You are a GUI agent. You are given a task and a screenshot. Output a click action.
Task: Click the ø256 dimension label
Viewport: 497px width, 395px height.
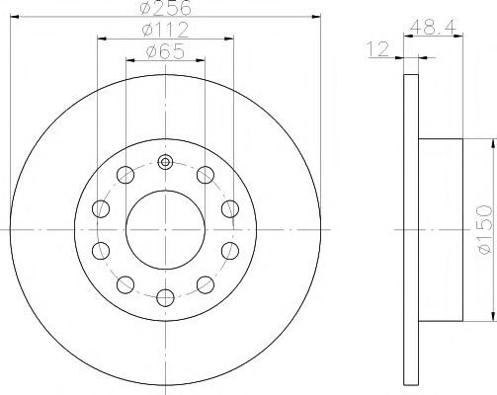(165, 8)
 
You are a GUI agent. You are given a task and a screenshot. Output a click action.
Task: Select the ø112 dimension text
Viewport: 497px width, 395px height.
(165, 30)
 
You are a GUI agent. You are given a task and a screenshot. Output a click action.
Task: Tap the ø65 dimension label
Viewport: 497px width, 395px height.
(165, 51)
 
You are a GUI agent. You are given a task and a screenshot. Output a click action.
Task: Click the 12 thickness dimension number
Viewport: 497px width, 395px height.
(378, 49)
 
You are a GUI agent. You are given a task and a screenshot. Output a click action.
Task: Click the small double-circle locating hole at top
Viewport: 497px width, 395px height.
(165, 162)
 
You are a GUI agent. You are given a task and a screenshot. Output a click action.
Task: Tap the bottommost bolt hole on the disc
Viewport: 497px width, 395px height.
(165, 297)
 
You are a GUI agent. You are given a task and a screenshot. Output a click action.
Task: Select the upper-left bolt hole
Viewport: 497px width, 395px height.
(125, 175)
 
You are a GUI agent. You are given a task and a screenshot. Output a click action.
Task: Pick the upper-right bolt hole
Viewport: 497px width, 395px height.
(206, 175)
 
